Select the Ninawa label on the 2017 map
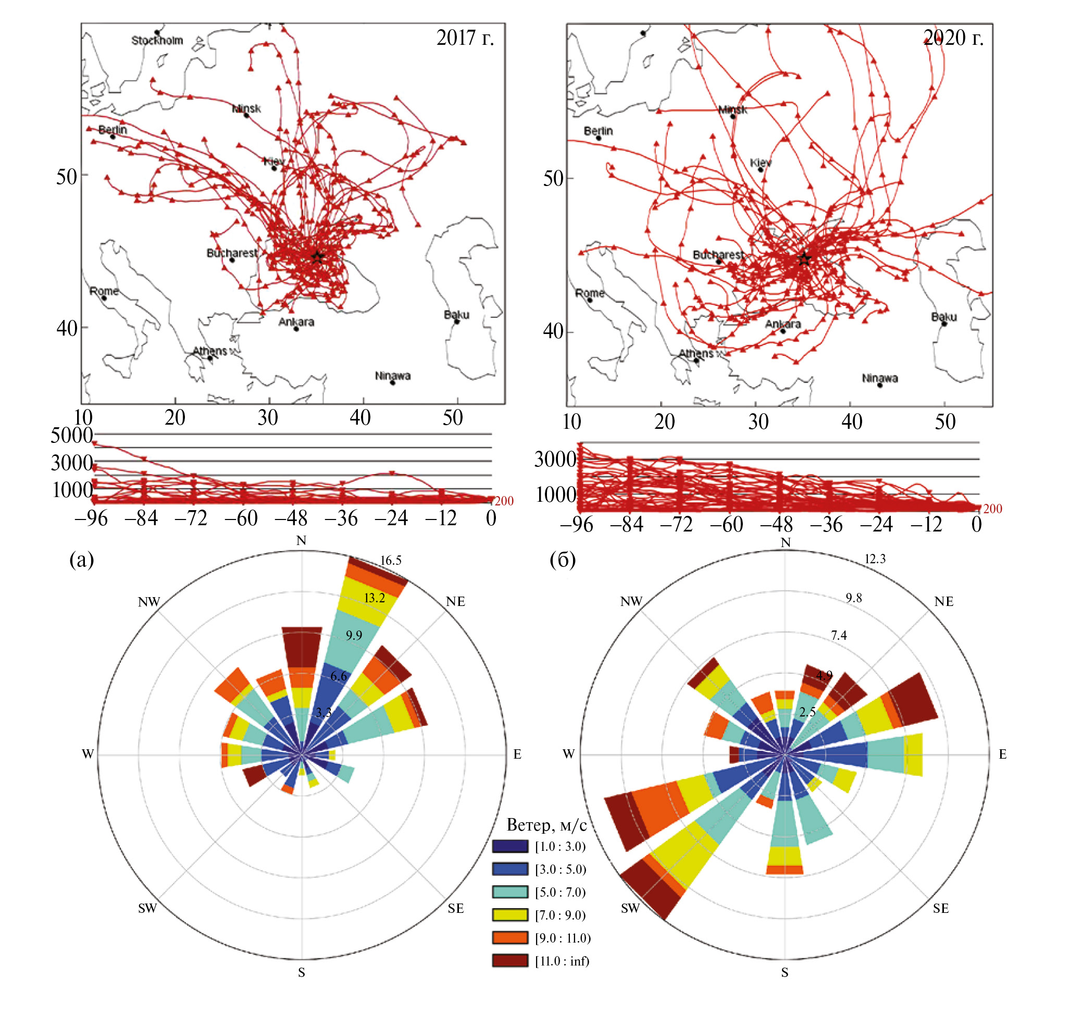tap(392, 376)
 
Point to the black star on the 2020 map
tap(803, 259)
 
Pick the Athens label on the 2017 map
tap(209, 351)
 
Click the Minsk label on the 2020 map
tap(732, 109)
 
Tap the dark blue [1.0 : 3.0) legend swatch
tap(509, 846)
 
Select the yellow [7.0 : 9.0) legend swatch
tap(509, 914)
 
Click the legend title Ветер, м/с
tap(546, 824)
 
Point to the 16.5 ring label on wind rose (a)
tap(391, 560)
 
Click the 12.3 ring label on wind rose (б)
tap(875, 559)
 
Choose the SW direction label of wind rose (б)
tap(630, 909)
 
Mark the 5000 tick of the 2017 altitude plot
tap(71, 435)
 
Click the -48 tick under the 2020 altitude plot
tap(777, 525)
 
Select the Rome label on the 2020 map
tap(589, 293)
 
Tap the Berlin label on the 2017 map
tap(112, 130)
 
